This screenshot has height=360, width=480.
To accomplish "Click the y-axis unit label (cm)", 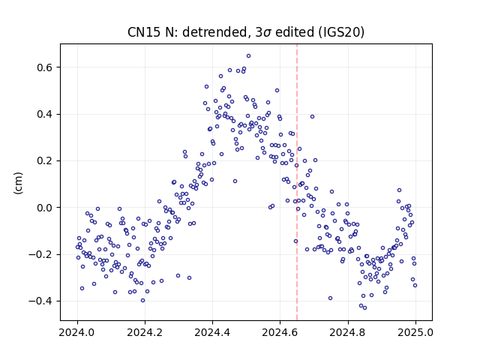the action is (x=18, y=183).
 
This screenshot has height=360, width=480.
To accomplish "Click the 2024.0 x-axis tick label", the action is (x=77, y=332).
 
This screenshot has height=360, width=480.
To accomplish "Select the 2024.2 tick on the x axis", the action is (x=145, y=332).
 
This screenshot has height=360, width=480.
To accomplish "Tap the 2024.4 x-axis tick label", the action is (x=212, y=332).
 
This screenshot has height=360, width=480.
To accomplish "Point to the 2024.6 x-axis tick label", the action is (x=280, y=332).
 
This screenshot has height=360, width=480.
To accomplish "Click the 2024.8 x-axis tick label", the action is (x=348, y=332).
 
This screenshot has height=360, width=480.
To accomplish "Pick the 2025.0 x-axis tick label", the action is (x=415, y=332).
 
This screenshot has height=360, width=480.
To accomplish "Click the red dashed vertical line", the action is (x=297, y=182).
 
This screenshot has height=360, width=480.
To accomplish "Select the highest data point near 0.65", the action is (x=248, y=56).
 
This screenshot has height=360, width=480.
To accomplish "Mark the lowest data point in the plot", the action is (x=364, y=308).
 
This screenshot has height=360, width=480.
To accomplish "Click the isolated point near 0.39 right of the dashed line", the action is (x=312, y=117).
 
